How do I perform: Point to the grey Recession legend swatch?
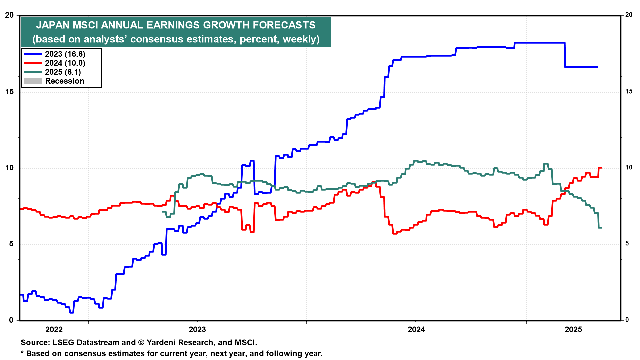coord(33,81)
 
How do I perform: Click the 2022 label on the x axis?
coord(54,330)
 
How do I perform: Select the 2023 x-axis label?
coord(197,330)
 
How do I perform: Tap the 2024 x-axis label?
coord(416,330)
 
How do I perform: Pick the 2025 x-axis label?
coord(573,330)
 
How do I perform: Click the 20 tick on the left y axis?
coord(9,15)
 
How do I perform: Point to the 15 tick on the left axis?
coord(9,92)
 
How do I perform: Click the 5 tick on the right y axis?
coord(627,244)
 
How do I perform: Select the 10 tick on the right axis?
coord(629,167)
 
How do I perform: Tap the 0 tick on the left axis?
coord(11,320)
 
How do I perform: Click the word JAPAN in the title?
coord(53,25)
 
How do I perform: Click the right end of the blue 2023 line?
coord(597,67)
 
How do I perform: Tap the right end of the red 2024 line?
coord(601,168)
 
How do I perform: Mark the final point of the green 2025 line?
coord(601,228)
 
